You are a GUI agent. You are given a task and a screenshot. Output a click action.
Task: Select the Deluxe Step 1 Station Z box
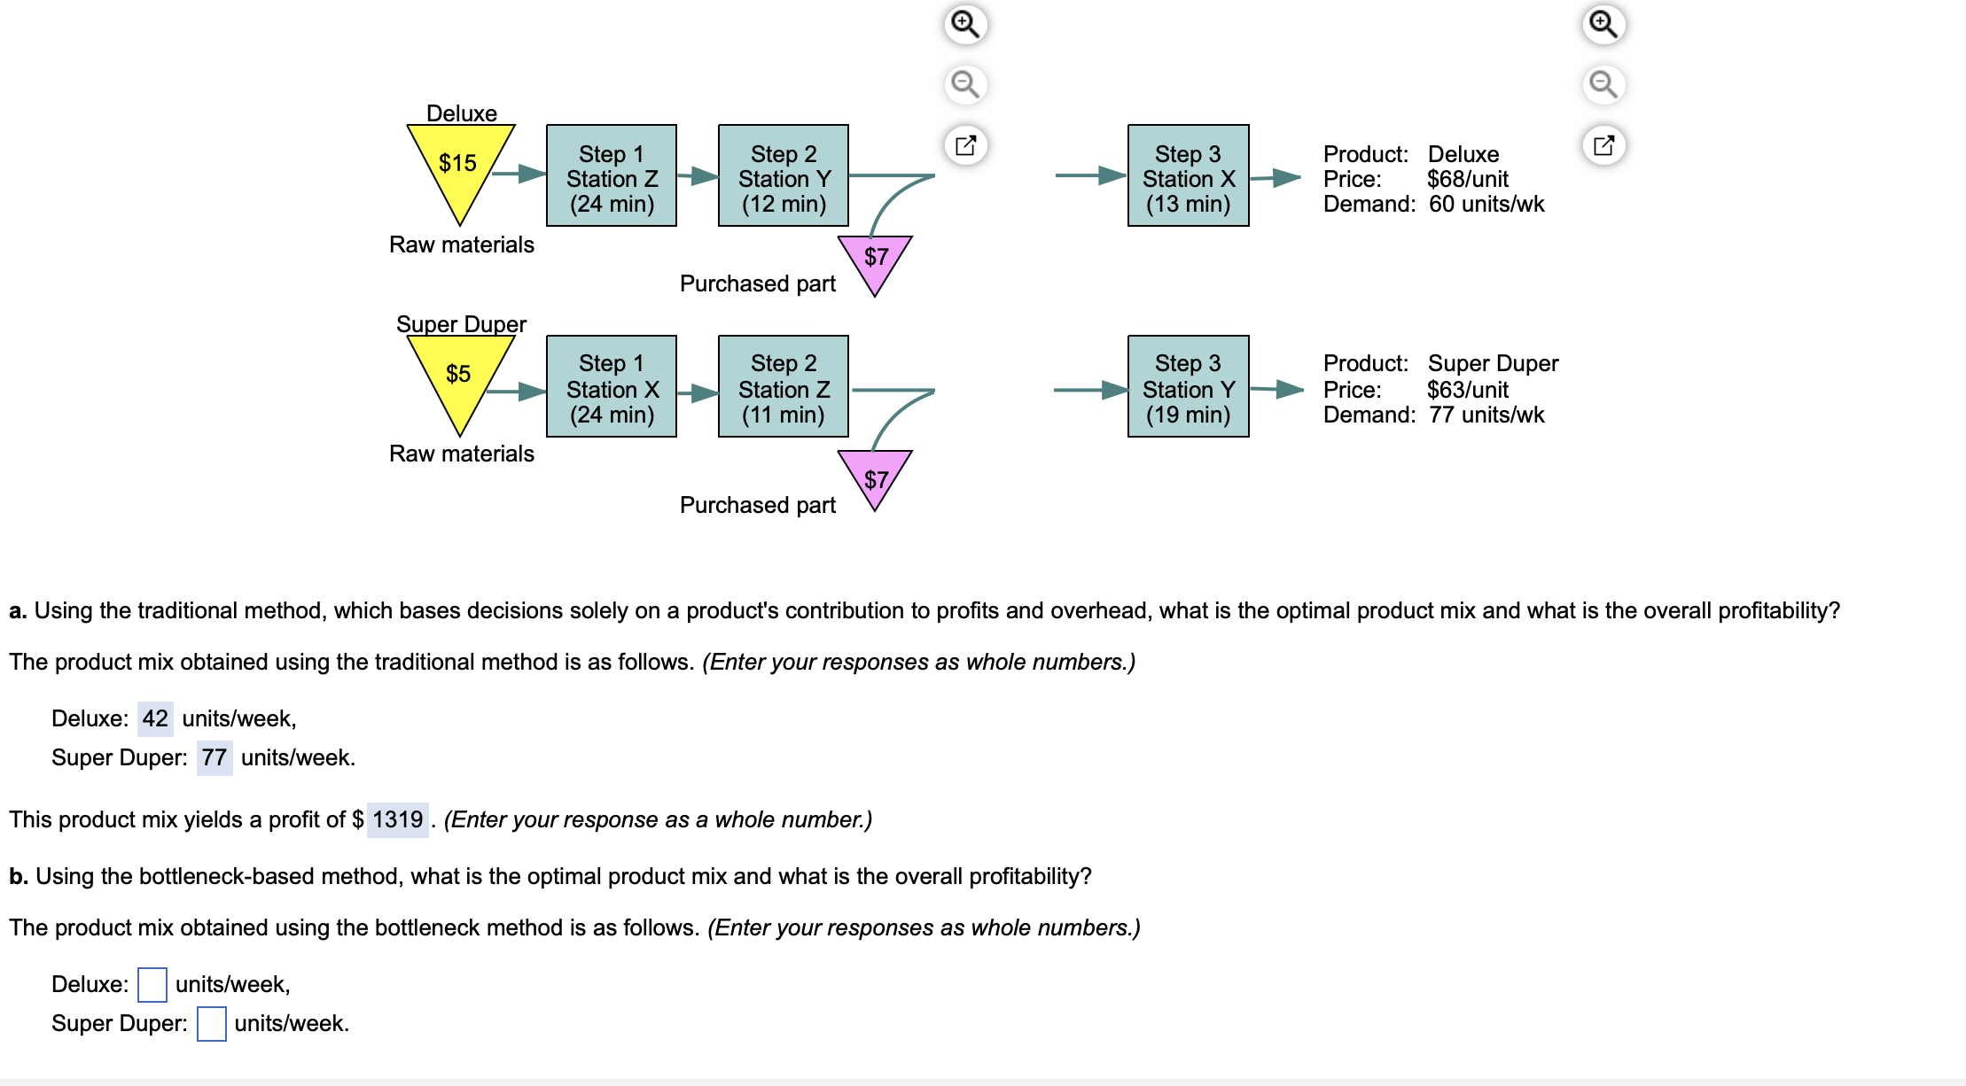(x=612, y=176)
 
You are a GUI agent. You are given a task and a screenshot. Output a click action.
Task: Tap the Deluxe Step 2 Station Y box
(x=784, y=176)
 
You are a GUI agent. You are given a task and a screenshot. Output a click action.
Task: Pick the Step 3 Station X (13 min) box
(x=1188, y=176)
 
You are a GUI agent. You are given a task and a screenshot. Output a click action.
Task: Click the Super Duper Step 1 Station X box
(x=612, y=387)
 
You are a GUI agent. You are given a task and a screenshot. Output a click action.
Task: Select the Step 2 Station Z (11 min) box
(x=784, y=387)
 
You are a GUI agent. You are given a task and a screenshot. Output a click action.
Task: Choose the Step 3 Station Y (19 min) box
(x=1188, y=387)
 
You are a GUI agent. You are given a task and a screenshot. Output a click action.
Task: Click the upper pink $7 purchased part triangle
(x=875, y=260)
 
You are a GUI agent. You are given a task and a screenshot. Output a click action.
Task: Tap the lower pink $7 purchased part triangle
(x=875, y=476)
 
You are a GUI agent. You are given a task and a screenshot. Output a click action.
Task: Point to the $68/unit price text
(x=1467, y=179)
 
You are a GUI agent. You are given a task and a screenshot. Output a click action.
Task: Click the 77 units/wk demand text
(x=1486, y=415)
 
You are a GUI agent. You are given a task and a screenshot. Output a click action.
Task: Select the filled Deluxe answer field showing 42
(x=155, y=718)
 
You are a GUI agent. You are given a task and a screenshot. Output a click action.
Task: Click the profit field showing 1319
(x=397, y=819)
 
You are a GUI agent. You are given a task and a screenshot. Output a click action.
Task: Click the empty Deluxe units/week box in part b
(x=152, y=984)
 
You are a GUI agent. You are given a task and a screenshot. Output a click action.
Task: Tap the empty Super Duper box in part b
(x=211, y=1023)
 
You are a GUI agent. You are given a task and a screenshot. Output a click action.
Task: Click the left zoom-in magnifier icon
(x=965, y=24)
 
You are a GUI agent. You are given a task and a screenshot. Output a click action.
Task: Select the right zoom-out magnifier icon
(x=1603, y=84)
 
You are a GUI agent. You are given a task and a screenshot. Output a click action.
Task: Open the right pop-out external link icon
(x=1603, y=145)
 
